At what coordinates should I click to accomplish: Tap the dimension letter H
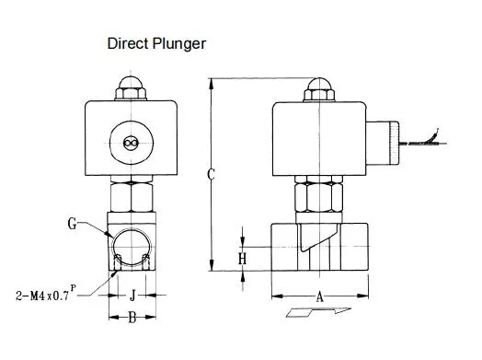(242, 259)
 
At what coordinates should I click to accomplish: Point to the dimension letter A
(319, 296)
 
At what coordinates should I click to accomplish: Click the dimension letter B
(132, 319)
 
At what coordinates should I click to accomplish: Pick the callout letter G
(73, 223)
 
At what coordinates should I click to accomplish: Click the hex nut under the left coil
(130, 194)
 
